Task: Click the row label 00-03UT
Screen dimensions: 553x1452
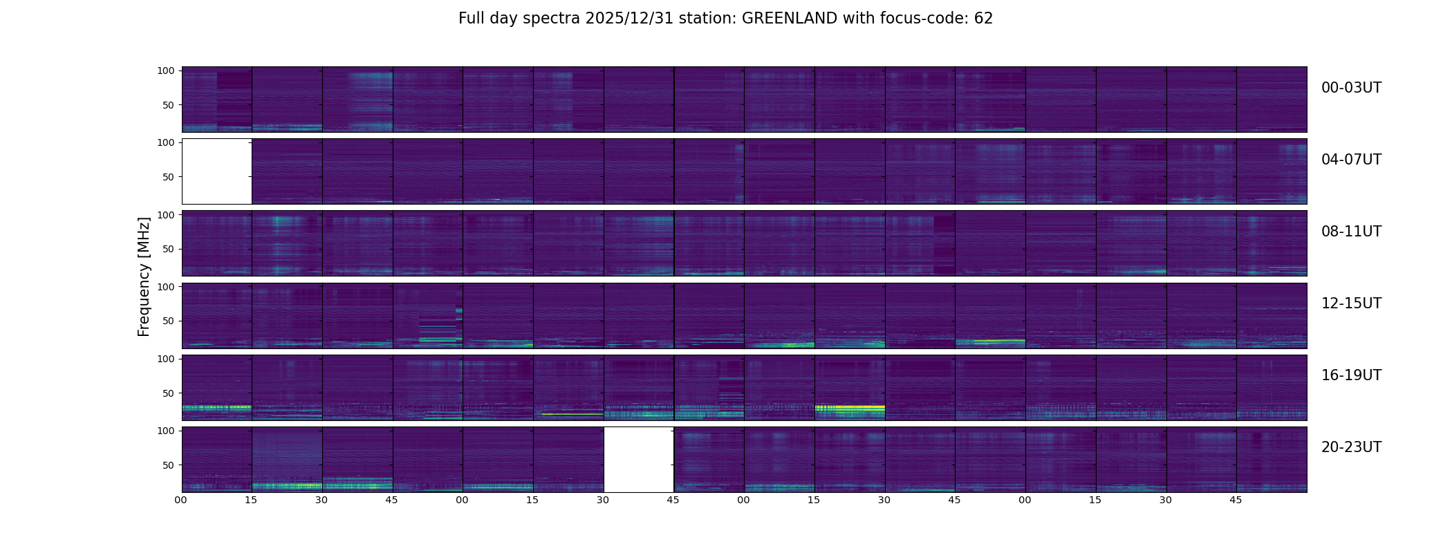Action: click(x=1351, y=88)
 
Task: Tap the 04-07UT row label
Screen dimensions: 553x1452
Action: click(x=1351, y=160)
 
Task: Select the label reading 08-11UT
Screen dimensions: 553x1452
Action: click(x=1351, y=232)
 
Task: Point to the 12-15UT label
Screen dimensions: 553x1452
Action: click(x=1351, y=303)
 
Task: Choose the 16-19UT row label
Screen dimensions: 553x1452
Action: click(x=1351, y=375)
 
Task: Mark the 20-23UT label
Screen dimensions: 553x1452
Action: click(x=1351, y=447)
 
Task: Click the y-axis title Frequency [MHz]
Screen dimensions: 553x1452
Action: click(x=144, y=276)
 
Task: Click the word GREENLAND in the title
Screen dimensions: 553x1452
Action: click(x=789, y=19)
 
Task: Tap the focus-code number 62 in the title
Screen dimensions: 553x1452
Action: click(x=983, y=19)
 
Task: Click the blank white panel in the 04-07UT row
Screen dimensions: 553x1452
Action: click(x=216, y=171)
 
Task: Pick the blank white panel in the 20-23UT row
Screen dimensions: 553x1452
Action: click(x=639, y=460)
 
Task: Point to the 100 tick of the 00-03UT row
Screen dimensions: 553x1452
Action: click(x=166, y=71)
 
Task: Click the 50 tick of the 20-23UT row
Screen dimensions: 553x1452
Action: click(x=169, y=465)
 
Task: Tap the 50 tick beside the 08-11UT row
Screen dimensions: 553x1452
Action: click(x=169, y=249)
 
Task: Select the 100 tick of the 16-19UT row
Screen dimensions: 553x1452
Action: click(x=166, y=359)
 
